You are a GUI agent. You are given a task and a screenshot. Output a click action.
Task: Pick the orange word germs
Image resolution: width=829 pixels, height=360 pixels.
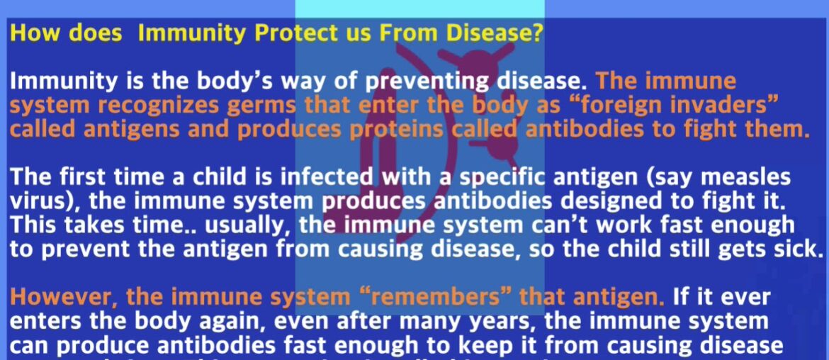(x=266, y=106)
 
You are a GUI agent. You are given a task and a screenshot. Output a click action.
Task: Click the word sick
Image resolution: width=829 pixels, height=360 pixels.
(x=794, y=250)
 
